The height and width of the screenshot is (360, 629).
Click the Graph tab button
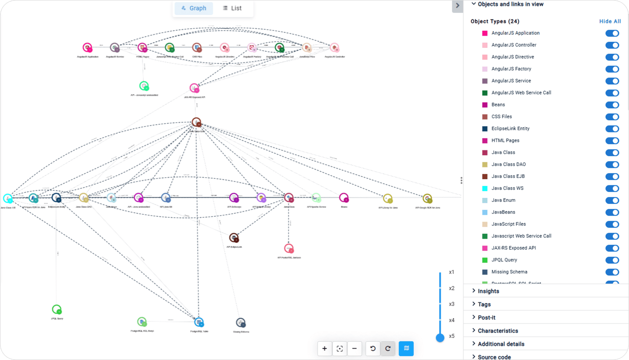194,8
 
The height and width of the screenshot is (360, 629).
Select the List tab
232,8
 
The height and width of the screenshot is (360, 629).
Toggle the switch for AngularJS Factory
612,69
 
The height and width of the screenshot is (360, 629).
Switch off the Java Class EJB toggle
612,177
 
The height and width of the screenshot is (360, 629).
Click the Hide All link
610,21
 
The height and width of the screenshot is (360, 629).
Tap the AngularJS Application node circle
87,47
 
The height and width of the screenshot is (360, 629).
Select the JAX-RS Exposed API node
194,88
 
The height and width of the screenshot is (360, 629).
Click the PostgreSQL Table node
199,322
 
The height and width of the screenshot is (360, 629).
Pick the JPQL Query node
56,309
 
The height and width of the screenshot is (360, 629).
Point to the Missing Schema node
240,323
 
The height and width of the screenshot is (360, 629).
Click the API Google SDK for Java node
427,199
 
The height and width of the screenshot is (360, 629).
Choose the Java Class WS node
8,198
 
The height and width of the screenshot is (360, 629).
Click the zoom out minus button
354,349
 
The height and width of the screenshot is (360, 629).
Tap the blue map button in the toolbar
406,349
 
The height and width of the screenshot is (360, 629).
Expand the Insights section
488,291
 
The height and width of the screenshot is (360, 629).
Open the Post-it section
486,317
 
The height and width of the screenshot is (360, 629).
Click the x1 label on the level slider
452,272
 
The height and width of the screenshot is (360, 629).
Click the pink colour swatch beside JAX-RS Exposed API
485,248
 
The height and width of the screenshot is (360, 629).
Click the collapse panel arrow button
457,6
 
